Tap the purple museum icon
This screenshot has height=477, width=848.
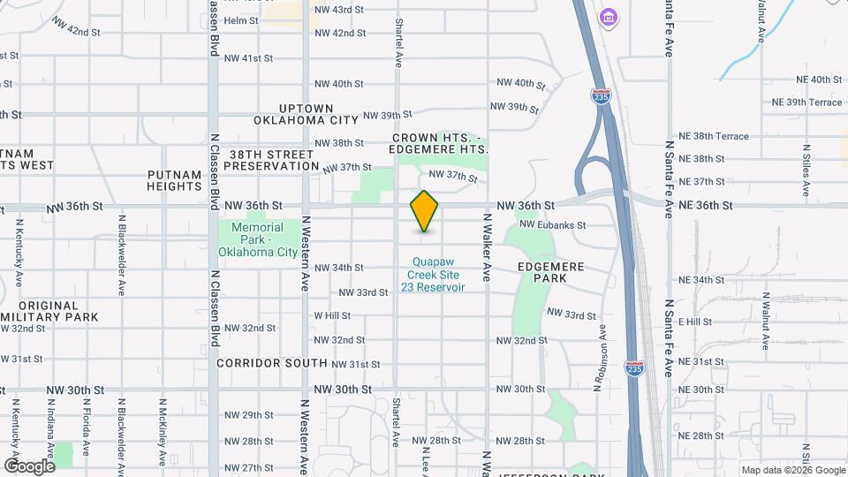(x=609, y=17)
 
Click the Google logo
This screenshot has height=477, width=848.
(x=29, y=466)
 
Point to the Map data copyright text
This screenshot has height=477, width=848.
(x=791, y=470)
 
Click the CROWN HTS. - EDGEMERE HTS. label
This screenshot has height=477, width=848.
(x=439, y=144)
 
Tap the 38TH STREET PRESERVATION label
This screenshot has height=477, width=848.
(x=273, y=160)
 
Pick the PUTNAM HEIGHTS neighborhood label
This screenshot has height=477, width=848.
(x=175, y=180)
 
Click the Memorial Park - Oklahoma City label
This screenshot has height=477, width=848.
(x=258, y=239)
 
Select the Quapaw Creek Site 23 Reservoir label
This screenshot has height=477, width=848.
(x=432, y=274)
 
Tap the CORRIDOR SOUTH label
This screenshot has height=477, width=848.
(x=271, y=363)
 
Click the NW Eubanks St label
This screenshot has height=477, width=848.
(x=552, y=225)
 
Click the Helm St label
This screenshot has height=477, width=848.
(x=241, y=20)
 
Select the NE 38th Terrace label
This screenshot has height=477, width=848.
(x=713, y=137)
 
